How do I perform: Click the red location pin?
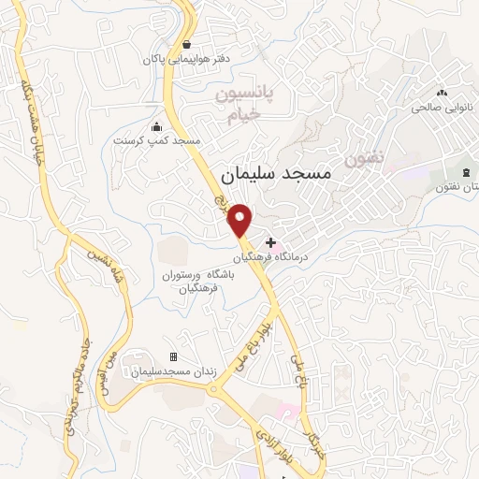pos(241,219)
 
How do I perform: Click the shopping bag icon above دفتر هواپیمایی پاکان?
pos(187,44)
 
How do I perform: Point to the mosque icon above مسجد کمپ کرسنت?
pos(156,127)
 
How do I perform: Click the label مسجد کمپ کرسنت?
pos(157,140)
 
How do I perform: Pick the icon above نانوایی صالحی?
pos(441,93)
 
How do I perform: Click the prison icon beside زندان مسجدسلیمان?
pos(173,356)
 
